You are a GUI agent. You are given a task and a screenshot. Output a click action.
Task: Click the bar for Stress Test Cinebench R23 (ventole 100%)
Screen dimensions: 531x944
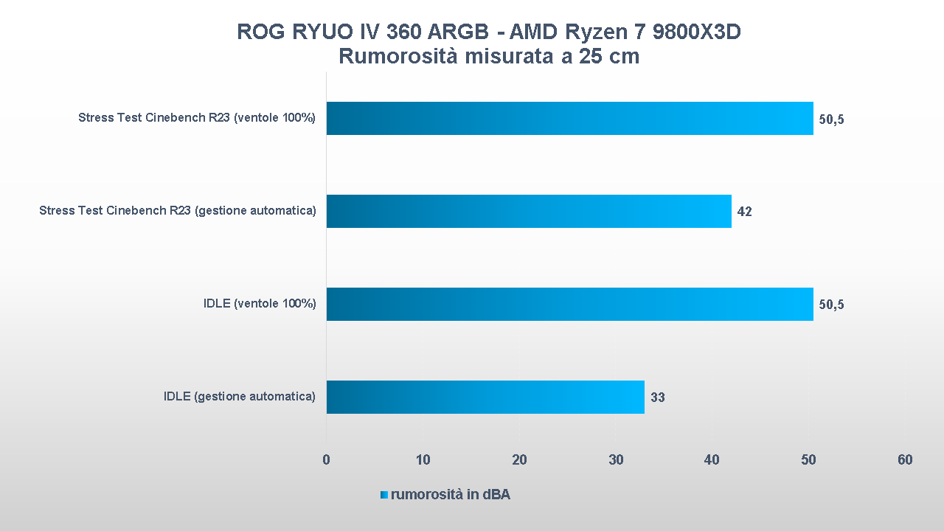569,118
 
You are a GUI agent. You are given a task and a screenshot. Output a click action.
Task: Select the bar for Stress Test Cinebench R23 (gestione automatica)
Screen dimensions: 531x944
528,211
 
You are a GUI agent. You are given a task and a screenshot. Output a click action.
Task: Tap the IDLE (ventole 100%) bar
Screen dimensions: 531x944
569,304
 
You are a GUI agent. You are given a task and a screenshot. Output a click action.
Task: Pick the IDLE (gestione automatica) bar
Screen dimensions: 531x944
485,397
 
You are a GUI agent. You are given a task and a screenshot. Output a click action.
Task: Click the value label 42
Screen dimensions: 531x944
744,212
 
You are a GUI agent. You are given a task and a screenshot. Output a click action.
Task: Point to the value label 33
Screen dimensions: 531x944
657,398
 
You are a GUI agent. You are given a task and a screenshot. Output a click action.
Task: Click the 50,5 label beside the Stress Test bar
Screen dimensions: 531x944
831,119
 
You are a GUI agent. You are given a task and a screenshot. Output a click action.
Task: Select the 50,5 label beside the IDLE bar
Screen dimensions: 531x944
831,305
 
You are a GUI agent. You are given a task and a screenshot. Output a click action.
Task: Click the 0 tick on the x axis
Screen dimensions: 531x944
326,460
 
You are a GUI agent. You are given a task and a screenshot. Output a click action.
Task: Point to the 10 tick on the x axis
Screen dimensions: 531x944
423,460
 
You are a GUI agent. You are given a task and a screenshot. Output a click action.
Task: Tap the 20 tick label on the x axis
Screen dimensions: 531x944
519,460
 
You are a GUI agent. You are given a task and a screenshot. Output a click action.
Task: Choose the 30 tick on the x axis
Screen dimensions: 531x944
616,460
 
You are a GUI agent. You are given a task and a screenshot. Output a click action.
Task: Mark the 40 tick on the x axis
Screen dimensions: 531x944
712,460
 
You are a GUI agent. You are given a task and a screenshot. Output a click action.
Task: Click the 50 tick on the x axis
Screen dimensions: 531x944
808,460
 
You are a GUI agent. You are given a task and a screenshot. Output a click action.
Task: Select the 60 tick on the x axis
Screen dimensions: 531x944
905,460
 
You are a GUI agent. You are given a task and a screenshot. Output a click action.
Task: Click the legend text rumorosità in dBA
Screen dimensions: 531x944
450,495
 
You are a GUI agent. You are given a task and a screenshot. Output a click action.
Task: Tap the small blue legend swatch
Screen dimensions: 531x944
383,495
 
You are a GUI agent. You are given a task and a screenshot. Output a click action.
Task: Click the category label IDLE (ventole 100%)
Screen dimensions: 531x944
260,304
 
